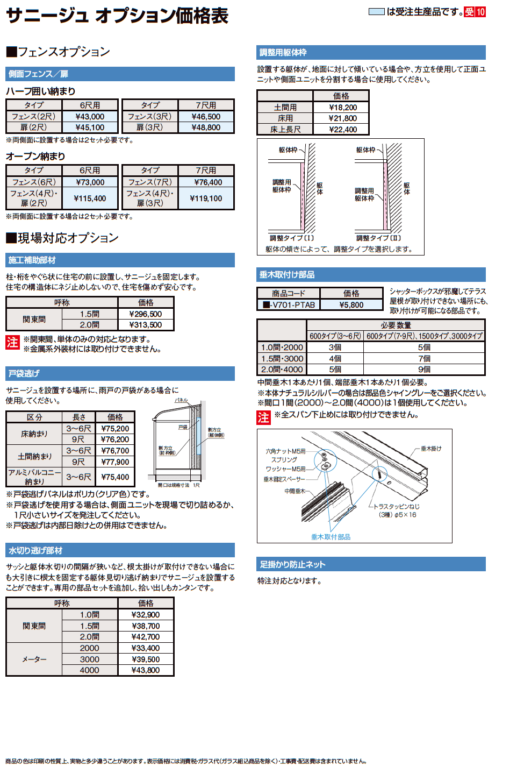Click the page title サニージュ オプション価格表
point(117,16)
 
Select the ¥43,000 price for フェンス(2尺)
point(90,117)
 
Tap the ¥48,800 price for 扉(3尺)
point(206,127)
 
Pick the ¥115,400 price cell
point(90,198)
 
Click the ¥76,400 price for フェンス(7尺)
point(206,182)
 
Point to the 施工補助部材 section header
point(32,260)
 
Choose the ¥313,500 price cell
point(145,325)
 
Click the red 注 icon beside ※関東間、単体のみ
point(12,343)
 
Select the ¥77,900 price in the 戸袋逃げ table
point(115,462)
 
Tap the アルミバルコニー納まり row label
point(34,477)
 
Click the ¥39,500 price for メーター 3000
point(145,659)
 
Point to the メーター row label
point(34,659)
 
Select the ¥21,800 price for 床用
point(342,118)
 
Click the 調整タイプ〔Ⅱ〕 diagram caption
point(378,238)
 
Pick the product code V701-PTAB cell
point(289,305)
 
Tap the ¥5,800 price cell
point(351,305)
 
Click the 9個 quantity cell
point(424,370)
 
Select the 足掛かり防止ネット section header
point(293,564)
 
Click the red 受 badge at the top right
point(469,12)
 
